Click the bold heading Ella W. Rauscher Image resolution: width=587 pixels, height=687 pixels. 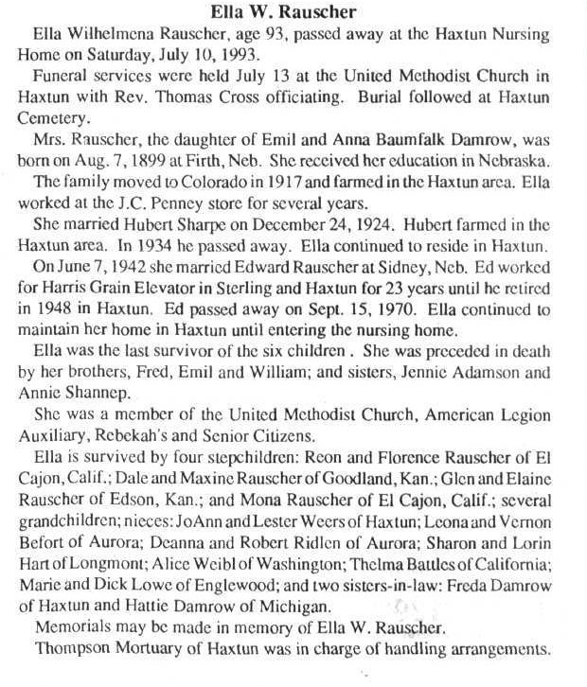(x=293, y=11)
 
